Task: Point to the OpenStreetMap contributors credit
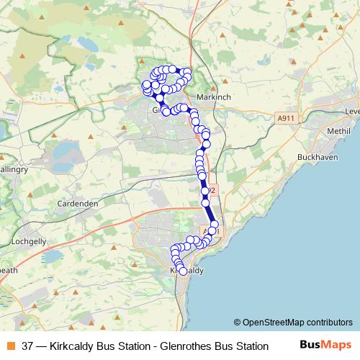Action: [297, 322]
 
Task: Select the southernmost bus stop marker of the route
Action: [183, 271]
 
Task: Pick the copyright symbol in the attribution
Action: [238, 322]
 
